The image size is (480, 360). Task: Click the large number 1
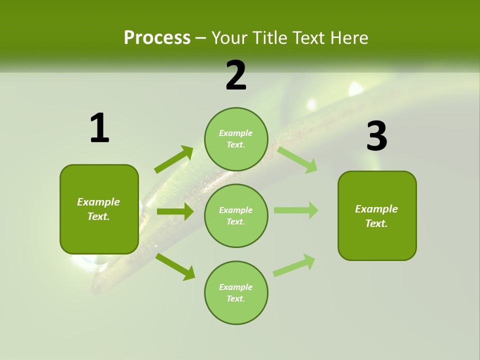coord(99,128)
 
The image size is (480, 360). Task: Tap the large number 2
coord(236,75)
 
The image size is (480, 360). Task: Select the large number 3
coord(376,136)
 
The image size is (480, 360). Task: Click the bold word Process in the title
coord(157,37)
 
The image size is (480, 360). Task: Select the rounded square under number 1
coord(99,209)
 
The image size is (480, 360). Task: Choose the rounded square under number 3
coord(377,216)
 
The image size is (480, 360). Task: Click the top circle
coord(236,139)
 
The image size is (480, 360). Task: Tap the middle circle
coord(236,215)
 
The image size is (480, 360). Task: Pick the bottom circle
coord(236,292)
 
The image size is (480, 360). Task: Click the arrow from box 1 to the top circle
coord(173,159)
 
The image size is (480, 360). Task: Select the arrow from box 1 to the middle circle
coord(175,211)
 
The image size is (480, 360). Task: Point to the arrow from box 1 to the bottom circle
coord(175,266)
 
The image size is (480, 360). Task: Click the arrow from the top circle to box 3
coord(297,159)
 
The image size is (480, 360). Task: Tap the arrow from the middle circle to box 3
coord(295,210)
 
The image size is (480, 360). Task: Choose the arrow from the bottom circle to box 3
coord(294,265)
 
